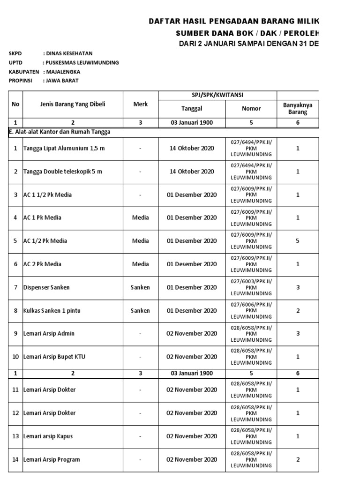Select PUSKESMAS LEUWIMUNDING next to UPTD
[82, 62]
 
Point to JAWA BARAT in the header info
[62, 80]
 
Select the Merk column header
[140, 104]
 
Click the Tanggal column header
[192, 108]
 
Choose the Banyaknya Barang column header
[298, 108]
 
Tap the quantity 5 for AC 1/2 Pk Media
[298, 241]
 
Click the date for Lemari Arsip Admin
[192, 334]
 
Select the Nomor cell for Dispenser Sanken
[251, 287]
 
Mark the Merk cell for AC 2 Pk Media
[140, 264]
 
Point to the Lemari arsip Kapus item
[48, 436]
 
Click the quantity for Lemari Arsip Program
[298, 459]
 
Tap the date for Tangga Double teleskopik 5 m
[192, 172]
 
